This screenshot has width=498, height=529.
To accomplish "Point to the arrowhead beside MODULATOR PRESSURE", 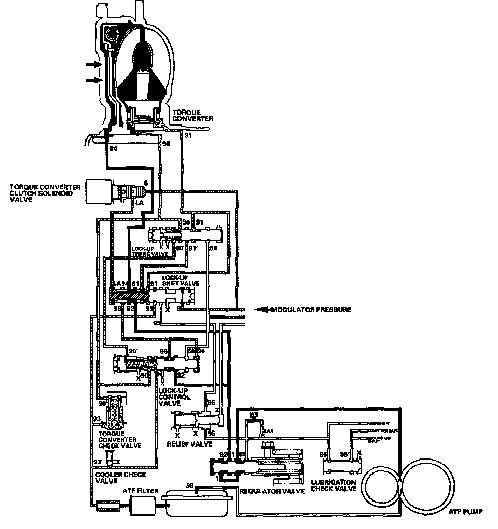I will (x=261, y=310).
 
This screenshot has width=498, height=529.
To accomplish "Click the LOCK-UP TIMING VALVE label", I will (x=150, y=251).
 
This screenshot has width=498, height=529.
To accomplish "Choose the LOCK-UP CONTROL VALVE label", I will (x=175, y=397).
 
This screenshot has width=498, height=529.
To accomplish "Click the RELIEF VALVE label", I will (x=189, y=444).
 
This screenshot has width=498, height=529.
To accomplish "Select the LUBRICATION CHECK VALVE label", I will (x=333, y=485).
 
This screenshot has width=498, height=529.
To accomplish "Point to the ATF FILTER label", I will (x=137, y=489).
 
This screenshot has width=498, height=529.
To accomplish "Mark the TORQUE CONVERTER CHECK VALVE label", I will (x=118, y=440).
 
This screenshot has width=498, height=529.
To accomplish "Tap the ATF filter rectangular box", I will (x=141, y=503).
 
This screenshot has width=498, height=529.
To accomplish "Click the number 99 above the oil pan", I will (x=190, y=485).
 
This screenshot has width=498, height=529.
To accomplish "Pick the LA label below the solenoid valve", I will (x=139, y=202).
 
